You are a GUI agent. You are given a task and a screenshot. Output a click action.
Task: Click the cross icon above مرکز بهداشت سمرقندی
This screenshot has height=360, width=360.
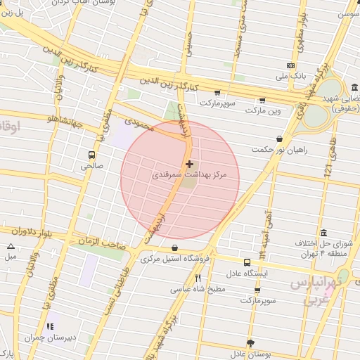click(x=189, y=164)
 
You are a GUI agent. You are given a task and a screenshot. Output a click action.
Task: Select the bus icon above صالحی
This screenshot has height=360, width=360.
click(x=92, y=155)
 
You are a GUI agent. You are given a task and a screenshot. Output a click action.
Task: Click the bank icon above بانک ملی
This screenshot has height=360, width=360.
click(x=291, y=65)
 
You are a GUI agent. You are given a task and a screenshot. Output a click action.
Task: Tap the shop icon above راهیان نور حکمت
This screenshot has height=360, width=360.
click(x=280, y=139)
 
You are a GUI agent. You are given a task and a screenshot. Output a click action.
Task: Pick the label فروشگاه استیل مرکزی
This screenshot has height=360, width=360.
click(x=175, y=259)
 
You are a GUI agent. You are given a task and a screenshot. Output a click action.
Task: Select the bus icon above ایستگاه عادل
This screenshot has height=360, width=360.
click(x=246, y=262)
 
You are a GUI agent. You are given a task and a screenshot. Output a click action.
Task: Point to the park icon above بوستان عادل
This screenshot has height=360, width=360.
click(x=248, y=342)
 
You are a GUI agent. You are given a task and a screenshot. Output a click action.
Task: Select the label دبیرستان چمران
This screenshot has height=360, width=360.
click(x=49, y=337)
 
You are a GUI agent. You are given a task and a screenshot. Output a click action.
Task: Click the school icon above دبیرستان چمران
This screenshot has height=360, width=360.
click(x=49, y=327)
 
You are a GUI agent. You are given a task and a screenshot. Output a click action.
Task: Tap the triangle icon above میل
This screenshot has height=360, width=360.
click(x=11, y=246)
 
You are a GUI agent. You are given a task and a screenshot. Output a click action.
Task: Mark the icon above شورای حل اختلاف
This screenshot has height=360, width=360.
click(x=323, y=233)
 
